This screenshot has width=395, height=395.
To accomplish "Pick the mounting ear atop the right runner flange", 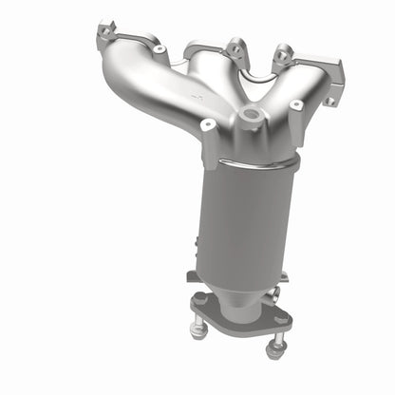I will (x=281, y=54).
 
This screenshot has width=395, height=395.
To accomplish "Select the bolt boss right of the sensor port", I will (x=296, y=104).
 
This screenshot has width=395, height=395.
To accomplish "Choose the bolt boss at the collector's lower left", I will (x=208, y=125).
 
